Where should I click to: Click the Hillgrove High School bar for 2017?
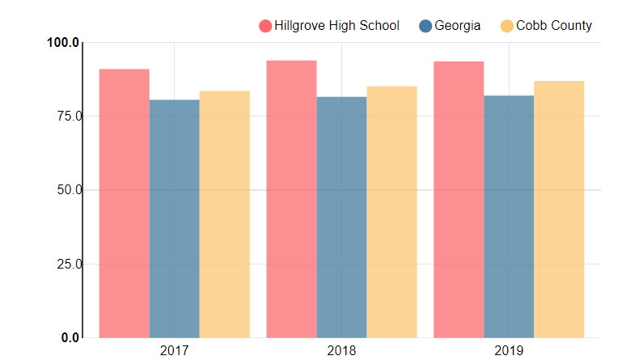click(x=124, y=203)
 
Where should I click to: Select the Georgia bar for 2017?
click(x=174, y=218)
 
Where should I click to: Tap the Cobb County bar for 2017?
click(x=224, y=214)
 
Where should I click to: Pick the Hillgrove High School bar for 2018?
click(x=291, y=199)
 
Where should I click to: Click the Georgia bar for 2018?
click(x=341, y=217)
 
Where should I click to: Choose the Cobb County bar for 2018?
click(x=391, y=212)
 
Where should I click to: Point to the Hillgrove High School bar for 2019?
click(x=459, y=199)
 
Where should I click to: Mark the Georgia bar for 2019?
click(x=509, y=216)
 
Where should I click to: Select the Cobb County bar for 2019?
click(x=559, y=209)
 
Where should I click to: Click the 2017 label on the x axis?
click(x=174, y=351)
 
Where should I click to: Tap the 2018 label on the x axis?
click(x=341, y=351)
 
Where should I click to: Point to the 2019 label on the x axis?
click(x=509, y=351)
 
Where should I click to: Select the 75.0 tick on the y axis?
click(x=66, y=116)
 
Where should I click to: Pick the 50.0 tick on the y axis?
click(x=66, y=190)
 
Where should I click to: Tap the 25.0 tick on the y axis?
click(x=66, y=264)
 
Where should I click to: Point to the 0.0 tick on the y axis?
click(x=70, y=337)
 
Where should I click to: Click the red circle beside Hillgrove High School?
click(x=265, y=26)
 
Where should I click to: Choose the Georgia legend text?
click(x=458, y=26)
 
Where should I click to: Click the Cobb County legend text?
click(x=554, y=26)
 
